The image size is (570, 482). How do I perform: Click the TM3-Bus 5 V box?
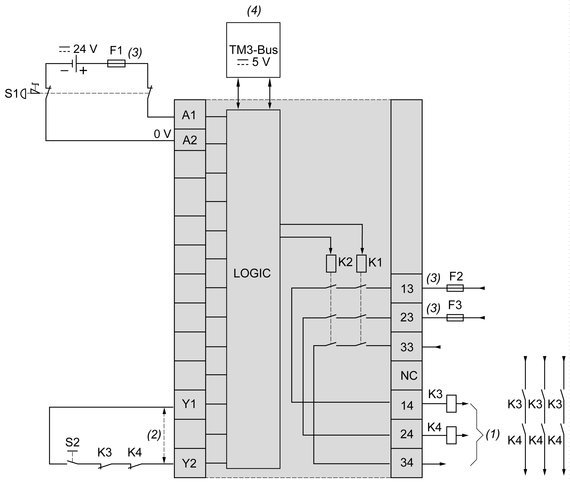(253, 50)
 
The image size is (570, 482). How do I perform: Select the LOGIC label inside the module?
(252, 273)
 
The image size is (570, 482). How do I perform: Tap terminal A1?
(189, 115)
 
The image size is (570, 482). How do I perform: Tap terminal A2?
(189, 140)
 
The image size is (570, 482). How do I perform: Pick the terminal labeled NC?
(409, 376)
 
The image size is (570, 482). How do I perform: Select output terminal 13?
(407, 289)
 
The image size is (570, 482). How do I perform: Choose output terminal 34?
(407, 462)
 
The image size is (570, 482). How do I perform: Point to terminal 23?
(407, 317)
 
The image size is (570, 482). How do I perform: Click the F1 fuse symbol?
(116, 64)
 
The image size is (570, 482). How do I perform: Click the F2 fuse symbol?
(455, 288)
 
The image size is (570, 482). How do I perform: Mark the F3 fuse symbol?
(455, 318)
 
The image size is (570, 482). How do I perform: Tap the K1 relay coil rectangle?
(361, 263)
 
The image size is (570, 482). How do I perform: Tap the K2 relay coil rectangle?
(331, 263)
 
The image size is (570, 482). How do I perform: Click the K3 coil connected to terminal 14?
(451, 403)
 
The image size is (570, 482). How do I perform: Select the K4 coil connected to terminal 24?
(451, 435)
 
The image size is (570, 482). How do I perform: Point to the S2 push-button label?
(72, 442)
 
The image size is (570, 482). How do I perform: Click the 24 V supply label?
(85, 49)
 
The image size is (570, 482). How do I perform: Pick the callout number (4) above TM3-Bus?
(254, 11)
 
